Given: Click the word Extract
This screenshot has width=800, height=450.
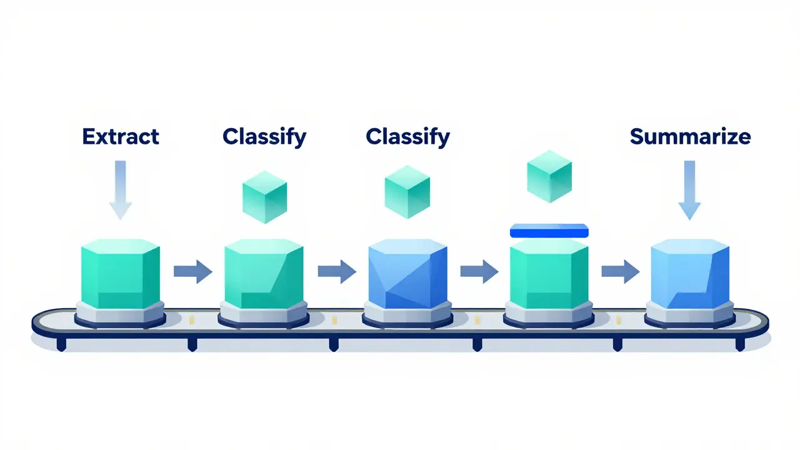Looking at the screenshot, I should (121, 137).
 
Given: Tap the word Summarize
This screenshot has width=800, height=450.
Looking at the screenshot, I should (690, 137).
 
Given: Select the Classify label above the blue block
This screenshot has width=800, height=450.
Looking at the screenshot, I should (407, 137).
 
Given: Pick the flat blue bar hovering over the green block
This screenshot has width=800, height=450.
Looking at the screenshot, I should (549, 231).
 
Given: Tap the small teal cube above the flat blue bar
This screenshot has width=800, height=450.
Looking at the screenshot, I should (549, 176).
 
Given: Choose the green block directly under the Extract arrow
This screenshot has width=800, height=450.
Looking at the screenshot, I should (121, 271).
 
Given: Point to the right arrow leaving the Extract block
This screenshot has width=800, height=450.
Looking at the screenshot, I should (193, 271).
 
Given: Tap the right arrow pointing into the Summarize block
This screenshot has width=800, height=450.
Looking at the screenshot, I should (620, 271).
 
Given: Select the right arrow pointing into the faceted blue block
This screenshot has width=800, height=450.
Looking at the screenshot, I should (337, 271).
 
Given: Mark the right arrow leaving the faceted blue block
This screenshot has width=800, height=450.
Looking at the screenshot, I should (479, 271).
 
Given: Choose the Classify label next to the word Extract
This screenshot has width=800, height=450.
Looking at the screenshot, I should (264, 137).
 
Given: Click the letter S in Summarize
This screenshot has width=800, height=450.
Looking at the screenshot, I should (637, 137).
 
